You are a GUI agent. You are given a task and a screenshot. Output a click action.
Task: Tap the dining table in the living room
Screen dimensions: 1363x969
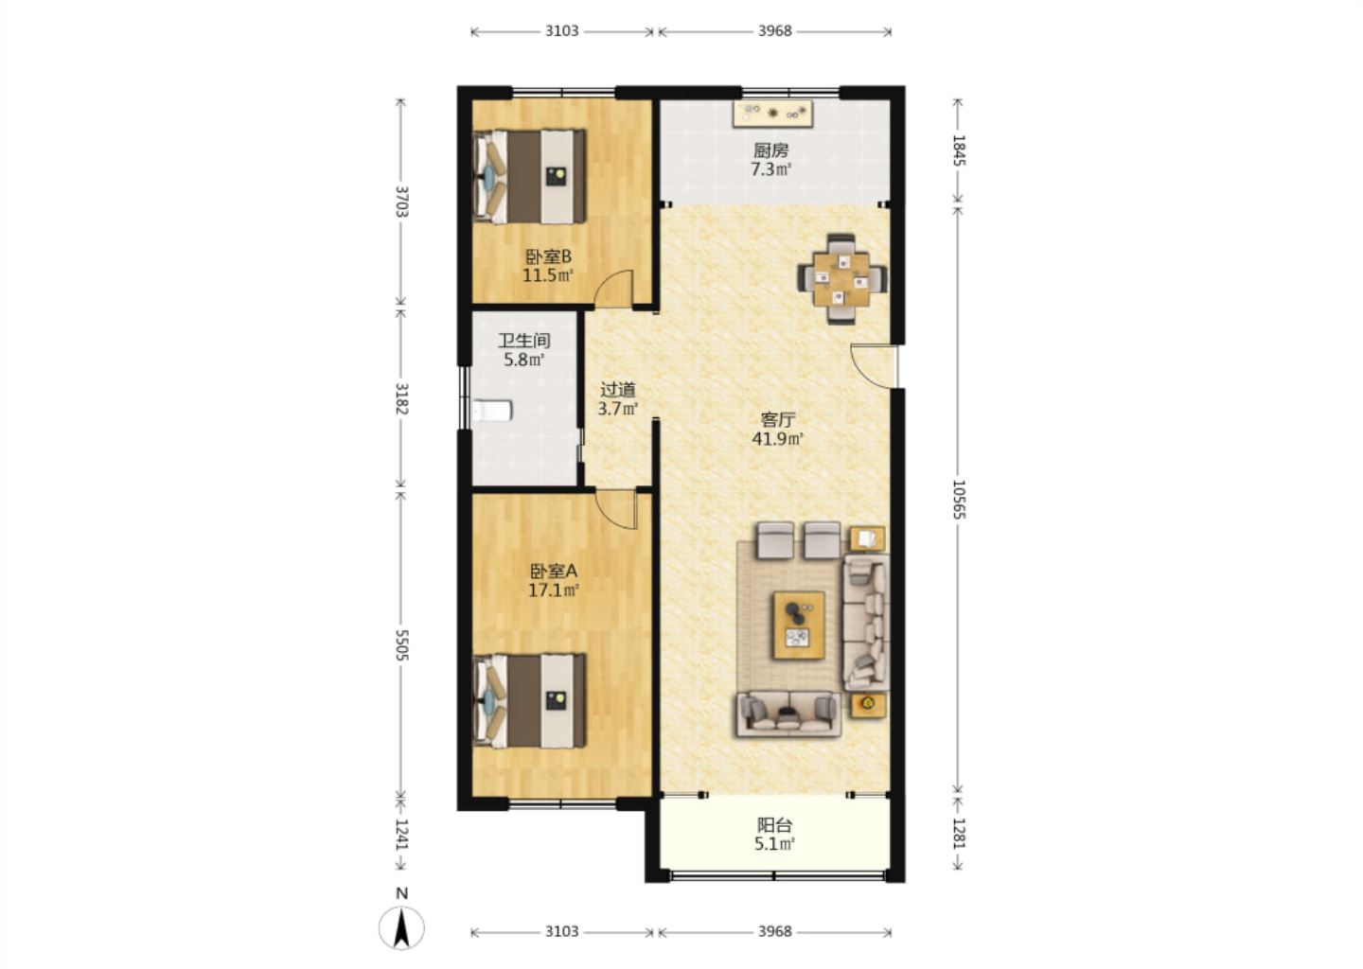[842, 279]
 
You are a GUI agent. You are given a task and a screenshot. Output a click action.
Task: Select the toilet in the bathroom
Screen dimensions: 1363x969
[491, 411]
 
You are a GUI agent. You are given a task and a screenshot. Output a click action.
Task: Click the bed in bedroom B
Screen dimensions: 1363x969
[530, 176]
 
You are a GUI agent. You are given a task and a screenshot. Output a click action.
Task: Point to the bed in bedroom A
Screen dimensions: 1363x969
[530, 701]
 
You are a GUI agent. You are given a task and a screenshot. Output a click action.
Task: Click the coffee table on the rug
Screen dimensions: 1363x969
[799, 625]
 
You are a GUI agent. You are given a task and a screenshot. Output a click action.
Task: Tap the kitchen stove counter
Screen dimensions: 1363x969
[772, 114]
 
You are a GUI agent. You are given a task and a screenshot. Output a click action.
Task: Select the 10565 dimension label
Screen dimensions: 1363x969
[958, 500]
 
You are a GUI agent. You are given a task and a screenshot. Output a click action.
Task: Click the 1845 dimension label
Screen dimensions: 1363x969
[958, 150]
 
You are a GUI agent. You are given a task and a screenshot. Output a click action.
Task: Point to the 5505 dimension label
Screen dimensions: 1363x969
[401, 644]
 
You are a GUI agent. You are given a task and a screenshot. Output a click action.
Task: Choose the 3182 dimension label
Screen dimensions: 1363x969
[401, 398]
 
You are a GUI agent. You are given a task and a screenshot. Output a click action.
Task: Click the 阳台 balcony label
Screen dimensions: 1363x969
[774, 825]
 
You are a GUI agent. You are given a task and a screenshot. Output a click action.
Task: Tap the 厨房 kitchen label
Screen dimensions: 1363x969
[770, 150]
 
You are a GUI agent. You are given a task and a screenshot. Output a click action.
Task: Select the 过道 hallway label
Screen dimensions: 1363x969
[617, 389]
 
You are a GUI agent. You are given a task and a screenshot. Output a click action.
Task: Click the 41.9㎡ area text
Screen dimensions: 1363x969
[778, 438]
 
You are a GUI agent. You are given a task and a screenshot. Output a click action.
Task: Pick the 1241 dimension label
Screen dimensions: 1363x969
[401, 835]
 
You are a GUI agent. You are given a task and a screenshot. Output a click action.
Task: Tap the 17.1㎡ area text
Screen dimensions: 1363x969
[553, 590]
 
